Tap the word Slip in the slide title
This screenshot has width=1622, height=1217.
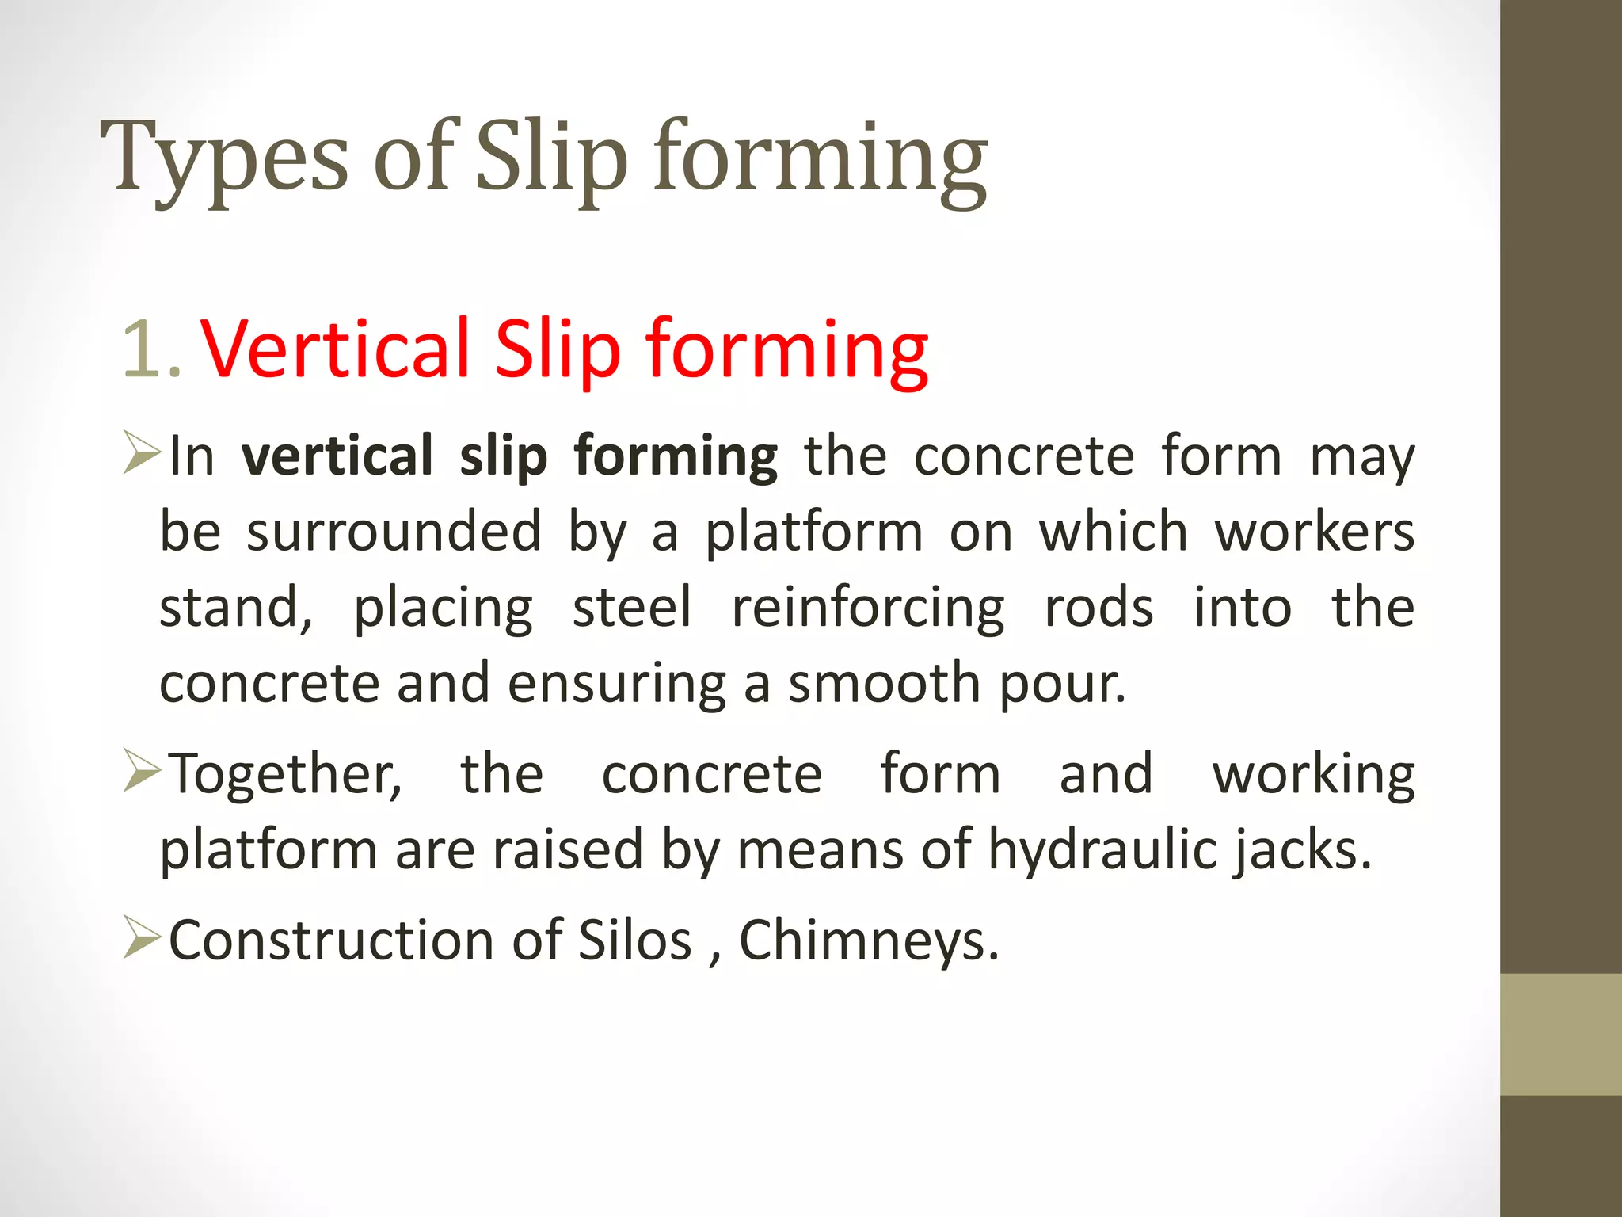(552, 158)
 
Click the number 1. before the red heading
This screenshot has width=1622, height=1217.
(152, 349)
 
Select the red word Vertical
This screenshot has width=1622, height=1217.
(337, 349)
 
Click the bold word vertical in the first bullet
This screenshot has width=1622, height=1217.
(337, 456)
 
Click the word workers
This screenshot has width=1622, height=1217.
(1315, 532)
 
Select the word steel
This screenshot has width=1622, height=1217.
(632, 608)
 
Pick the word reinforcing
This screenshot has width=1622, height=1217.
(868, 609)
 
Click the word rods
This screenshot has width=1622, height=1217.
(1098, 608)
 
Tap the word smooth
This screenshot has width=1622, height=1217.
(885, 683)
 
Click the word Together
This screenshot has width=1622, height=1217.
(286, 774)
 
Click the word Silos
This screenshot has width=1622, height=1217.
(635, 940)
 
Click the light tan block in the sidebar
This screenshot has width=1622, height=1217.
(1560, 1034)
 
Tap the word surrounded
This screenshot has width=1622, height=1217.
(394, 532)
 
